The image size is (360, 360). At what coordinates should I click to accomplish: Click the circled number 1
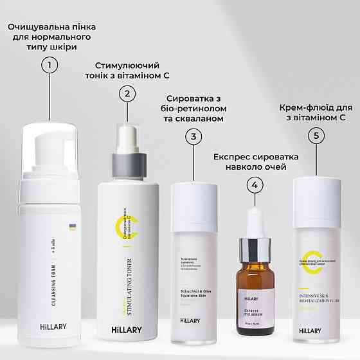(49, 64)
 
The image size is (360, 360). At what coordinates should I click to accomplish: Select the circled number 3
(195, 136)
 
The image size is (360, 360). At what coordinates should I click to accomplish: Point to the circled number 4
(256, 184)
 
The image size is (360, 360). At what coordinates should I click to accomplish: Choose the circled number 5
(314, 136)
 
